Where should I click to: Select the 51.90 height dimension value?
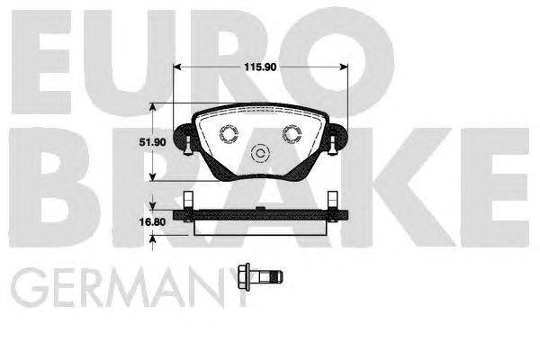click(133, 142)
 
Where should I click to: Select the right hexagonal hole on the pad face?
click(292, 133)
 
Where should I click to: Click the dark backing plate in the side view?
click(261, 215)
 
